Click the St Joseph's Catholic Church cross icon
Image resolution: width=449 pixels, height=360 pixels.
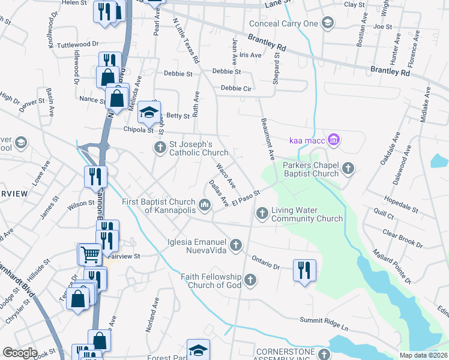(x=160, y=148)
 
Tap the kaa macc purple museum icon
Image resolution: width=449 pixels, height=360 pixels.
(x=334, y=141)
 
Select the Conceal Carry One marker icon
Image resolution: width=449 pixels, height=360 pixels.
(x=327, y=23)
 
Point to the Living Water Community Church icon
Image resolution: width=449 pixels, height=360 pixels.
(x=262, y=213)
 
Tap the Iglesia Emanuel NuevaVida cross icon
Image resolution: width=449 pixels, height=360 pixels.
(x=236, y=245)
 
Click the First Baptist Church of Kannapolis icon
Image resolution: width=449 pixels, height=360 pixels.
(x=205, y=207)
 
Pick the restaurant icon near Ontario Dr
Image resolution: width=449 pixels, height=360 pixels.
(x=304, y=269)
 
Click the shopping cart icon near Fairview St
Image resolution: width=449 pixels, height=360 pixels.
(x=90, y=254)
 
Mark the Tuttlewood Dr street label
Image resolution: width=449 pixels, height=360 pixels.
(x=77, y=44)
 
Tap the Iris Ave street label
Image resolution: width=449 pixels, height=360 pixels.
(x=250, y=55)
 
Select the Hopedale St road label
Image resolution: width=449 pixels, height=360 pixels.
(x=400, y=202)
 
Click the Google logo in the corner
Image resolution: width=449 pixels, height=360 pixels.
(x=20, y=353)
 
